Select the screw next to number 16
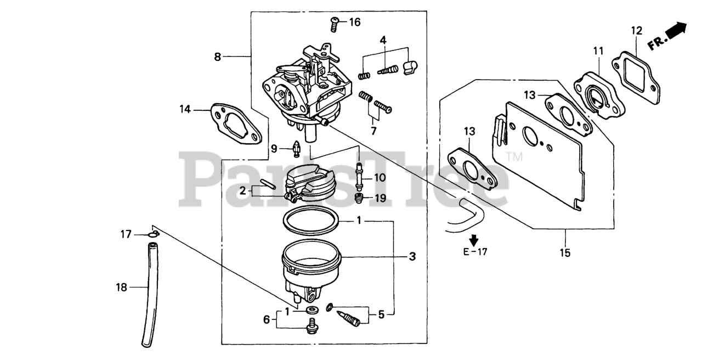334,23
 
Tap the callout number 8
218,57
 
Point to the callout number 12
636,31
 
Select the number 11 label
598,51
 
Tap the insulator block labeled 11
598,95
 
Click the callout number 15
565,253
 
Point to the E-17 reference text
475,252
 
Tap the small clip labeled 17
154,235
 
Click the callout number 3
412,256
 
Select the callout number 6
267,319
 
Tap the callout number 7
373,131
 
